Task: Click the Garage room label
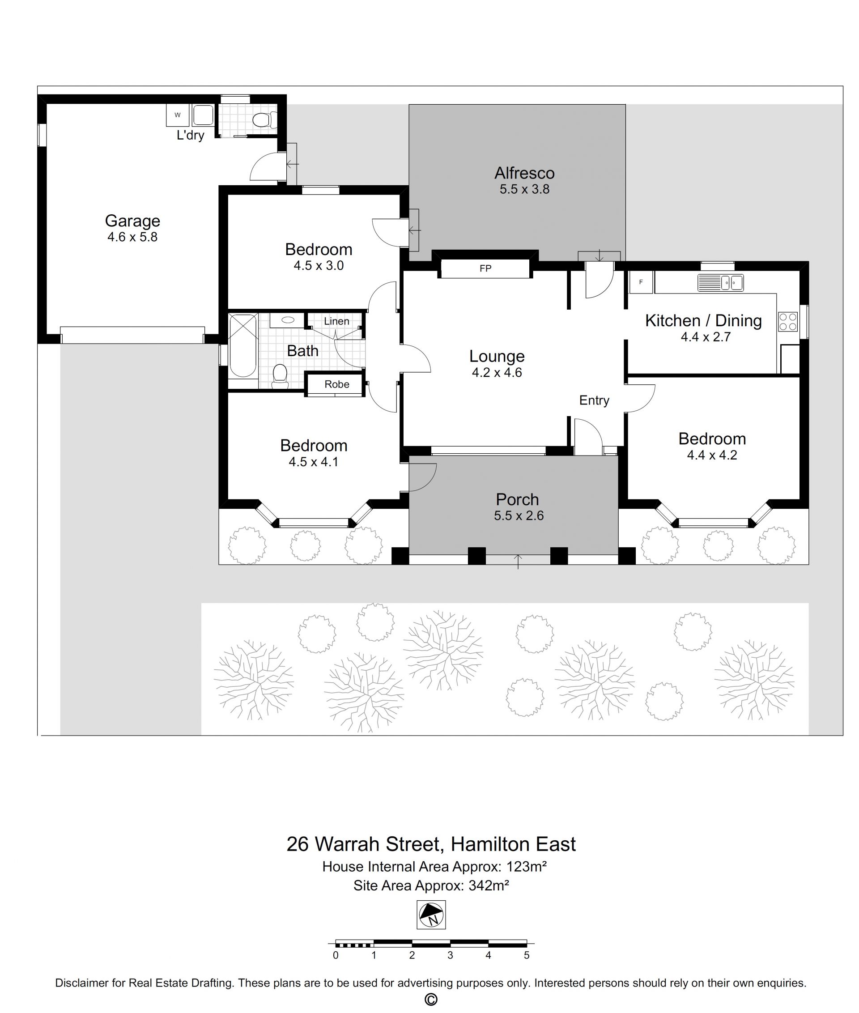point(132,221)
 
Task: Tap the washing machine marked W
point(178,115)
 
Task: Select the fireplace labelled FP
point(485,268)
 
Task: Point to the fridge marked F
point(641,282)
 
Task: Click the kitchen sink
point(720,282)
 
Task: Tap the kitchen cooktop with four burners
point(788,321)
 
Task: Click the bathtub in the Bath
point(243,346)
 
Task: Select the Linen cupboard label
point(336,321)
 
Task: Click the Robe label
point(337,384)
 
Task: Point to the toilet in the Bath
point(280,376)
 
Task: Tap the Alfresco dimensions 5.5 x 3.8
point(524,189)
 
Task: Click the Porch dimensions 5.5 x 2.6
point(519,516)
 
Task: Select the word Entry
point(594,400)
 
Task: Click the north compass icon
point(431,915)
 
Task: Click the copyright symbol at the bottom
point(431,1000)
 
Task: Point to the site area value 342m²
point(489,885)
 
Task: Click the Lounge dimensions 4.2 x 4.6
point(497,373)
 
